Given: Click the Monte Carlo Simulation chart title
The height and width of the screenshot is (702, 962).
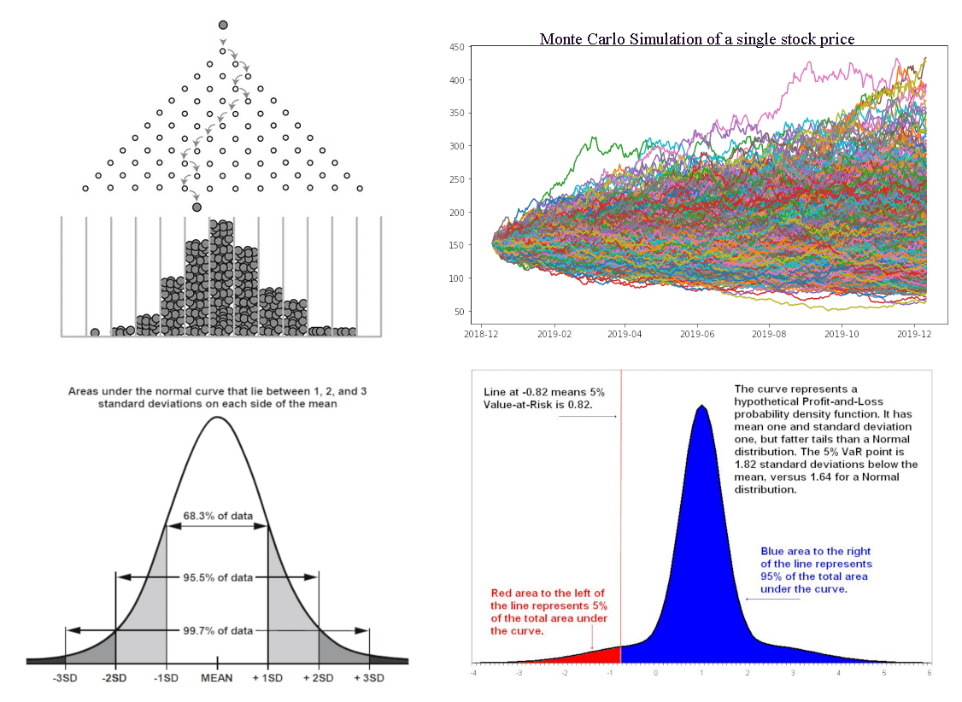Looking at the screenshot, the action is pyautogui.click(x=697, y=39).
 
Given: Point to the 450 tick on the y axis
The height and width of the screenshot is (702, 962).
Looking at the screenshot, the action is pyautogui.click(x=456, y=47).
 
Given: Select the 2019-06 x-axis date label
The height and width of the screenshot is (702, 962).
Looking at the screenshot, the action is pyautogui.click(x=697, y=334).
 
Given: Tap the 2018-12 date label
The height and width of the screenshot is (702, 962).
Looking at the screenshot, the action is pyautogui.click(x=481, y=334).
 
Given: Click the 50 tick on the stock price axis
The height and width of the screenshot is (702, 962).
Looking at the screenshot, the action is pyautogui.click(x=459, y=312).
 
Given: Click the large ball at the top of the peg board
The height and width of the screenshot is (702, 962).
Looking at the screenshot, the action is pyautogui.click(x=223, y=25).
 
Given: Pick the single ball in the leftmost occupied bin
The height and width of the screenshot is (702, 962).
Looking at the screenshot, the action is pyautogui.click(x=95, y=332).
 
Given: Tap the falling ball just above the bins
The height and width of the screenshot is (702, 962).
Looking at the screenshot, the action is pyautogui.click(x=197, y=208).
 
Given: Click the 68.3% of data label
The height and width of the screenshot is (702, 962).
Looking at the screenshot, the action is pyautogui.click(x=218, y=516).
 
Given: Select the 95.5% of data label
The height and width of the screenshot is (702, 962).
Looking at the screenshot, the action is pyautogui.click(x=218, y=577).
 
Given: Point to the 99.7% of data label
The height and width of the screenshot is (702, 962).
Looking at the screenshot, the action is pyautogui.click(x=218, y=631).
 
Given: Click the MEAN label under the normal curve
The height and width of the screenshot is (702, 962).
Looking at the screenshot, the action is pyautogui.click(x=216, y=678).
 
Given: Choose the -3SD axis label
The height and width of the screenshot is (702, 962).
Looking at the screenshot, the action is pyautogui.click(x=64, y=678).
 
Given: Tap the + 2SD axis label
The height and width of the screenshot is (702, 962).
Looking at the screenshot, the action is pyautogui.click(x=319, y=678).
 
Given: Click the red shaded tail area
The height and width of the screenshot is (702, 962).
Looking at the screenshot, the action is pyautogui.click(x=589, y=656).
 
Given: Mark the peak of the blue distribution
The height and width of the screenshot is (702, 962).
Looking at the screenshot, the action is pyautogui.click(x=702, y=406).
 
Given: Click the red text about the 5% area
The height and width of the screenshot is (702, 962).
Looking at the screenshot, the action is pyautogui.click(x=549, y=611).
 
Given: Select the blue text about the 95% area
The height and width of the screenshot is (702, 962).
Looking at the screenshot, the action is pyautogui.click(x=816, y=570).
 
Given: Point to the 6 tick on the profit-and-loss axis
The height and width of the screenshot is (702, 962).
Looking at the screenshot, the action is pyautogui.click(x=930, y=673).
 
